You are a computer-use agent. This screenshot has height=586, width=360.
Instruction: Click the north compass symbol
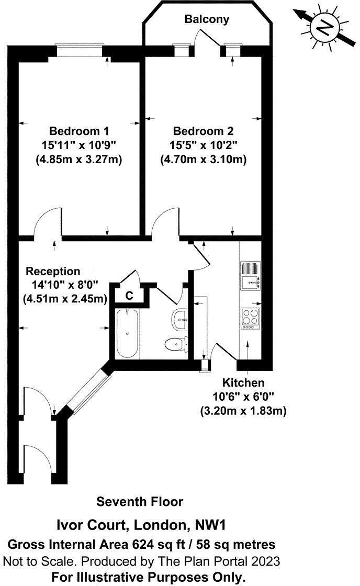[x=325, y=26]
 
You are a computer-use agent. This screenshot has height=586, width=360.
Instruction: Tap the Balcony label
[x=207, y=19]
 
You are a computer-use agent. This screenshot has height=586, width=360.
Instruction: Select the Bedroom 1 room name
[x=80, y=130]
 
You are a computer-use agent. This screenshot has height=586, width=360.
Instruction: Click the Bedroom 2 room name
[x=203, y=130]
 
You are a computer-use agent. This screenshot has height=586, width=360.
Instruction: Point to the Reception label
[x=53, y=271]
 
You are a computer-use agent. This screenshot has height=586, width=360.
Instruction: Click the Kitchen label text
[x=243, y=382]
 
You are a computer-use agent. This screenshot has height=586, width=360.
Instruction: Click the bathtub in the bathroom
[x=127, y=333]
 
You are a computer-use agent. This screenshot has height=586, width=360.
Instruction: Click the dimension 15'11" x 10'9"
[x=80, y=144]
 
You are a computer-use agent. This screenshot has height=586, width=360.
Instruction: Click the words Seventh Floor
[x=140, y=502]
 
